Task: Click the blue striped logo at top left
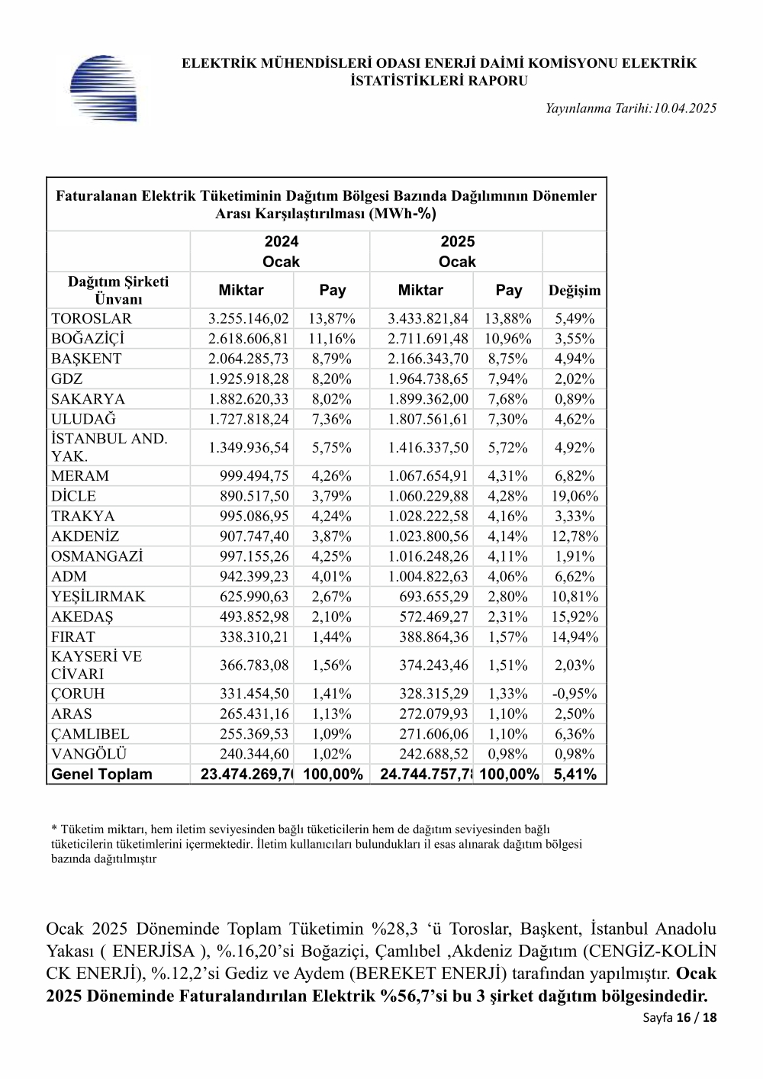pos(104,89)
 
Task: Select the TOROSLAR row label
pos(92,319)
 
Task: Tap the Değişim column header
pos(575,291)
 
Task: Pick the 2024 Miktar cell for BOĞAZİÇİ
pos(249,339)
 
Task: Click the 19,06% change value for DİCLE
pos(575,496)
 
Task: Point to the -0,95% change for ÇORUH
pos(575,694)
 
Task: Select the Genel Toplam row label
pos(101,775)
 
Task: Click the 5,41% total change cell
pos(575,775)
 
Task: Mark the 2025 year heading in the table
pos(457,242)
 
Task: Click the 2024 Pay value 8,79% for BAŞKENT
pos(332,359)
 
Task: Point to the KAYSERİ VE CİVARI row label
pos(96,665)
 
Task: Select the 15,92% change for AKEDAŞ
pos(575,617)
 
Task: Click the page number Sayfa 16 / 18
pos(680,1017)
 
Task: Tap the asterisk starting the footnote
pos(54,829)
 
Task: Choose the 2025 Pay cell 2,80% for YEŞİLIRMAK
pos(507,597)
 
